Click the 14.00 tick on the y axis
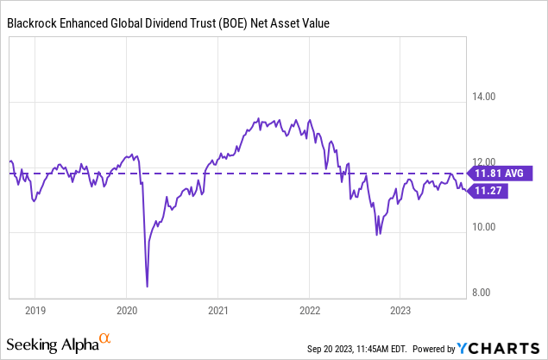480,98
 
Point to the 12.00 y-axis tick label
480,162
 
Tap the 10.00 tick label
480,228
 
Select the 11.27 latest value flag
488,192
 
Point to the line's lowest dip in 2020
147,286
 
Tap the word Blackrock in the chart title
37,24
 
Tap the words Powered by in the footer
435,349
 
